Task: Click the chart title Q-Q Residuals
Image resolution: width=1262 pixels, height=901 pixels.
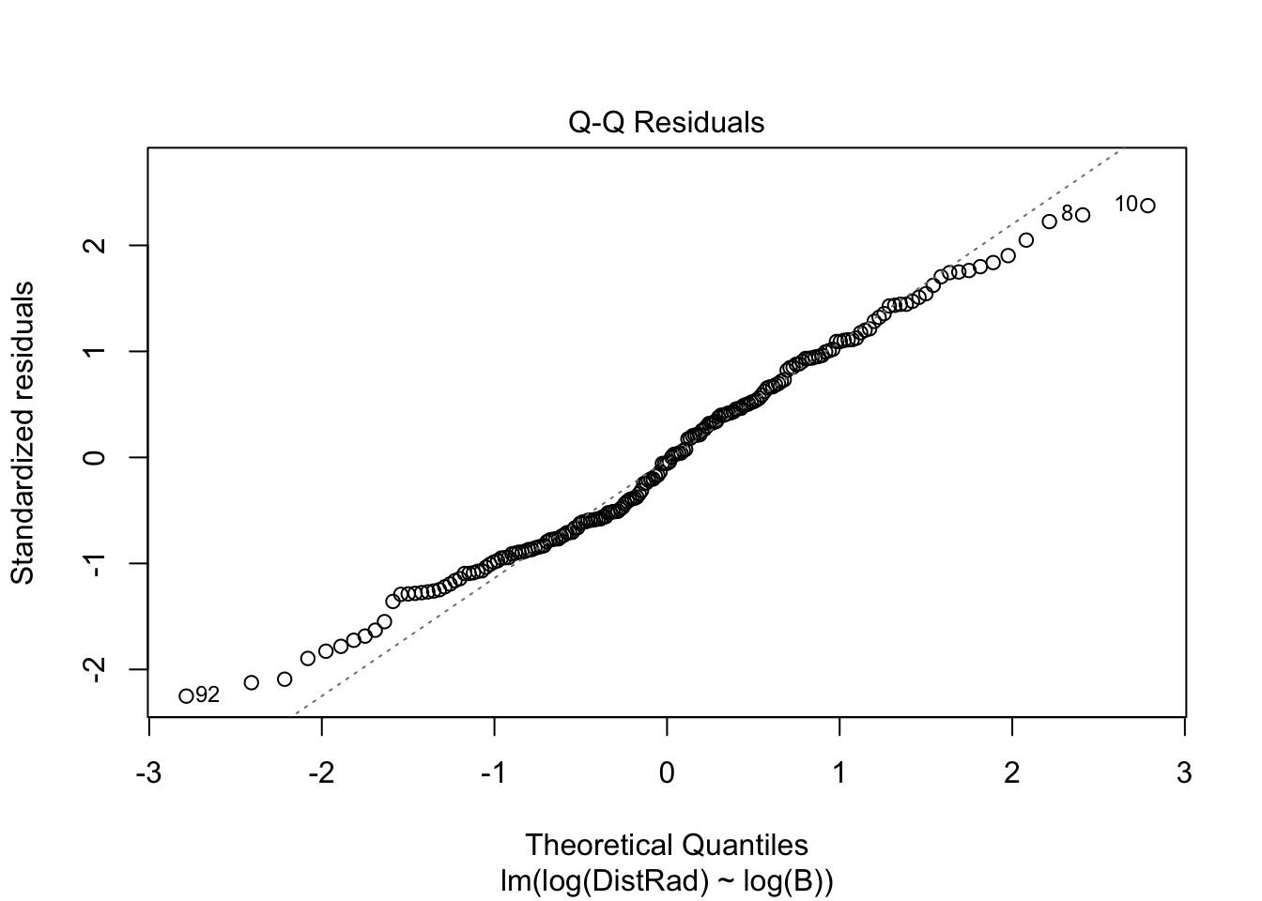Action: pos(667,123)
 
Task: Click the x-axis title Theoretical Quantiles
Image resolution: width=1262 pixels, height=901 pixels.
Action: pos(667,845)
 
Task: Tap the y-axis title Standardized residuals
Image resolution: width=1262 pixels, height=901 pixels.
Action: pos(23,432)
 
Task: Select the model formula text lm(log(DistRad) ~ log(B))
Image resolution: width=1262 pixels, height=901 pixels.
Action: pos(667,882)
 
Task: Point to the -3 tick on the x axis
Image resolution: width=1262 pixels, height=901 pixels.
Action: pos(148,773)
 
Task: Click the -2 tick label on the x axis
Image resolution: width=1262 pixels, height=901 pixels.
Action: pos(321,773)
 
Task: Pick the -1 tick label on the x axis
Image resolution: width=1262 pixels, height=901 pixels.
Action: pos(494,773)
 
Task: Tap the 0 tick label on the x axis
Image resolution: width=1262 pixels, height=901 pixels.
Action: pos(667,773)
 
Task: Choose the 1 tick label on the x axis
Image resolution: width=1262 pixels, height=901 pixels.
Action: pos(839,773)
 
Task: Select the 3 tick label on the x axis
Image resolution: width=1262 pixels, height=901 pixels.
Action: pos(1184,773)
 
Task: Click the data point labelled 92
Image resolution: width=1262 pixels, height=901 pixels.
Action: pos(186,695)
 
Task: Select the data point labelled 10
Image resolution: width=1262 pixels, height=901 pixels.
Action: pos(1147,206)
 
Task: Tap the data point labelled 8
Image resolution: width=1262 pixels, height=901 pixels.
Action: pos(1083,215)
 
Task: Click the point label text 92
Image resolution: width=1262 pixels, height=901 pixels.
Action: pos(208,695)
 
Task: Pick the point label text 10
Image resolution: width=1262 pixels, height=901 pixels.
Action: pos(1126,204)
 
